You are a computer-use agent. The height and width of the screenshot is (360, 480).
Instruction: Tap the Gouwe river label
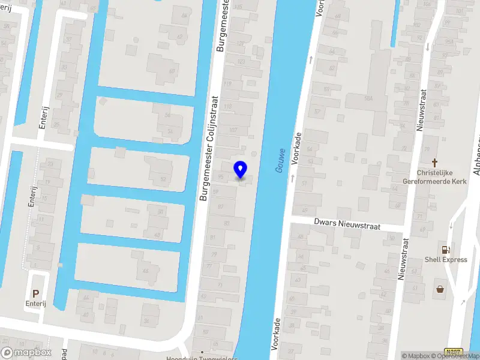pos(280,161)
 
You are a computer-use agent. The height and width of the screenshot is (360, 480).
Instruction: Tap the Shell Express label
pos(446,260)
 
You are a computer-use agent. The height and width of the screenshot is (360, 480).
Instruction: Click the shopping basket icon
pos(440,289)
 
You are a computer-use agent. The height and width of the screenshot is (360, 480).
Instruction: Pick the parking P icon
pos(36,294)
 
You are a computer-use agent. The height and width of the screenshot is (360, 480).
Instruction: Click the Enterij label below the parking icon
pos(35,304)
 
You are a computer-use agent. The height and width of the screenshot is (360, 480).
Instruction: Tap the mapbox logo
pos(26,353)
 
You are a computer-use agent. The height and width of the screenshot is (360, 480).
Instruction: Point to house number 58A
pos(370,98)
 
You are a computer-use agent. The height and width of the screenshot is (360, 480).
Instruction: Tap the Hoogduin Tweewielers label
pos(202,358)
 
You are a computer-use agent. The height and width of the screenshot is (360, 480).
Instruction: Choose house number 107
pos(234,129)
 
